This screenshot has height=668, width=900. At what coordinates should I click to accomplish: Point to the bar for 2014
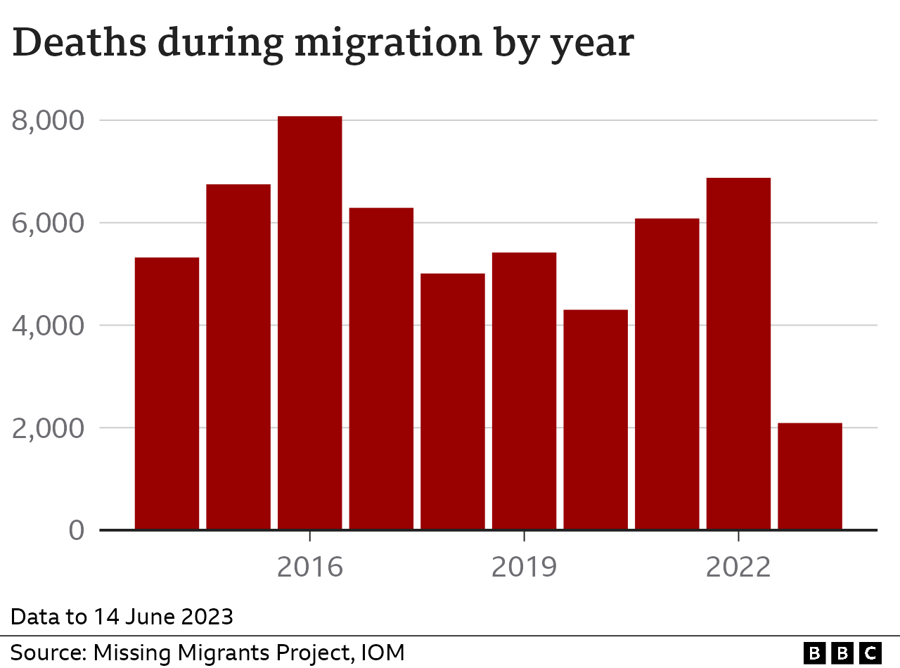pos(167,393)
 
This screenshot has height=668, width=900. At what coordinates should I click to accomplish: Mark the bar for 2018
pos(452,401)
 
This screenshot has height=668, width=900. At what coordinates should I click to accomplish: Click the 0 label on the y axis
pos(77,530)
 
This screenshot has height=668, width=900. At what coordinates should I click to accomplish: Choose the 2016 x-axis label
pos(309,567)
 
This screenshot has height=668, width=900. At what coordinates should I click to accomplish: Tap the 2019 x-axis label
pos(524,567)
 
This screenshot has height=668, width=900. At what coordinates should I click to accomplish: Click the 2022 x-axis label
pos(738,567)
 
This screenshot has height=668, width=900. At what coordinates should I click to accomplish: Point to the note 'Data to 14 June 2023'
pos(122,617)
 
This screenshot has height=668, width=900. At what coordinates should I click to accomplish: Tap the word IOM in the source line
pos(382,652)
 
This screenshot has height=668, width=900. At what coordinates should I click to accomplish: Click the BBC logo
pos(842,653)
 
